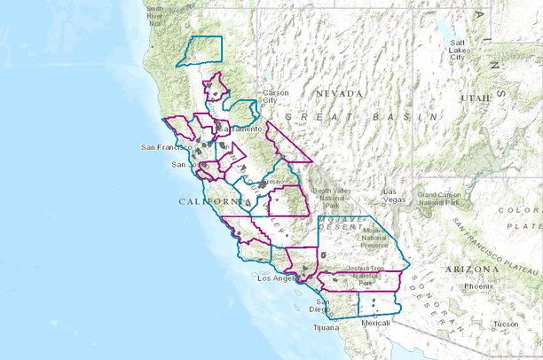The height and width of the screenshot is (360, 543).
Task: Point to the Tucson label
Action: (507, 324)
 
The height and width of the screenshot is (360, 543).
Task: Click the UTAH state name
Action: (474, 98)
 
